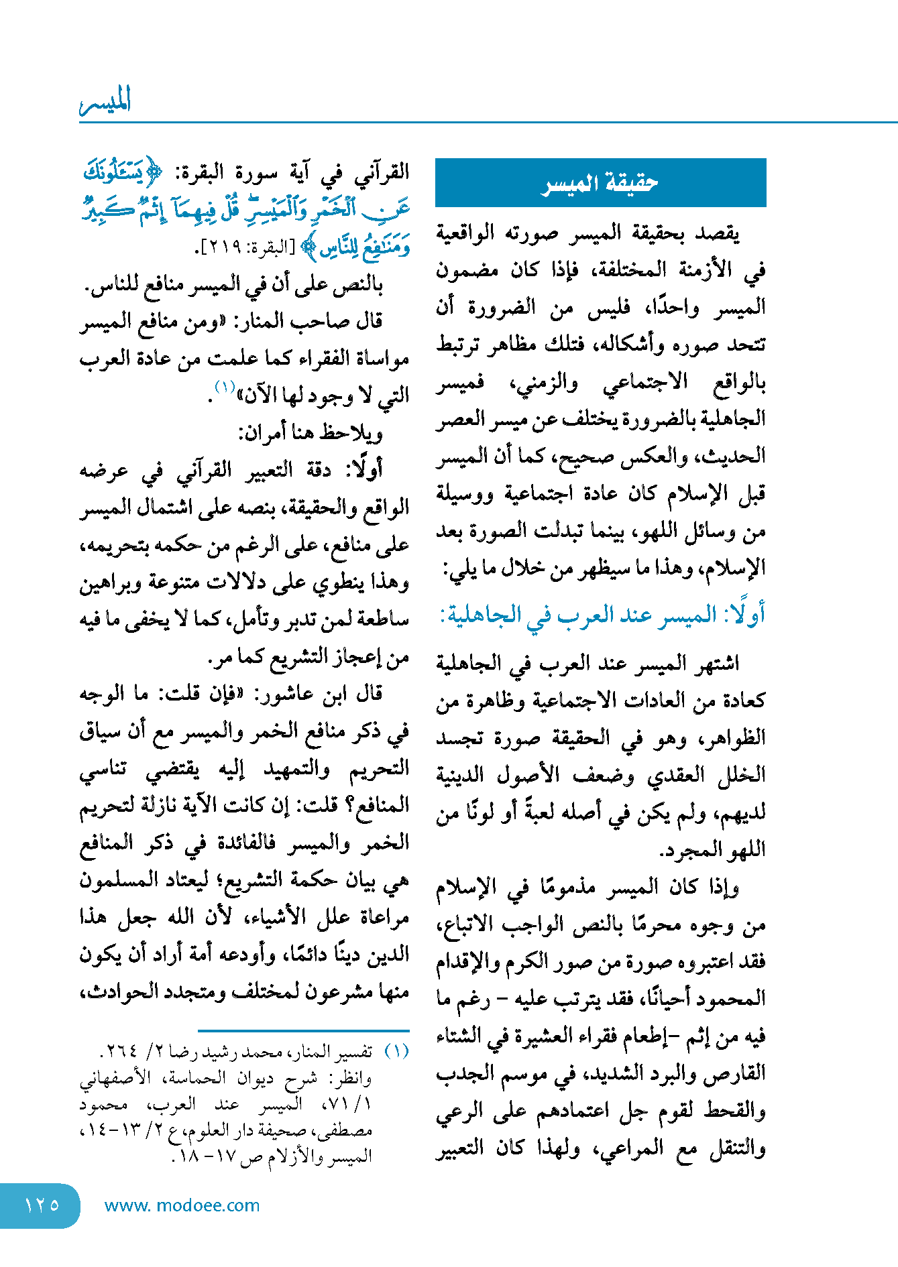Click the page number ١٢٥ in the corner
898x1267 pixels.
click(x=42, y=1205)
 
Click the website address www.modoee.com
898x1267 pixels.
click(x=182, y=1205)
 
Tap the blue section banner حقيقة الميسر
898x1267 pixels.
click(x=600, y=182)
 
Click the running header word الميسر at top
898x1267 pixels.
click(x=105, y=101)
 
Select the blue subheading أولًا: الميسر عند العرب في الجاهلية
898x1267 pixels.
click(x=602, y=614)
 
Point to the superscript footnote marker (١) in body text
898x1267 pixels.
click(x=224, y=387)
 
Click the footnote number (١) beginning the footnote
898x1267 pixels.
click(x=396, y=1051)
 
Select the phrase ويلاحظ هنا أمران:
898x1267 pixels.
click(x=311, y=433)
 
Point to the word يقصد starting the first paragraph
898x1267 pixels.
click(x=716, y=233)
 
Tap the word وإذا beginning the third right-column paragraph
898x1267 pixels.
click(x=723, y=888)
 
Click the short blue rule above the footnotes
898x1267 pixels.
click(x=303, y=1030)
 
